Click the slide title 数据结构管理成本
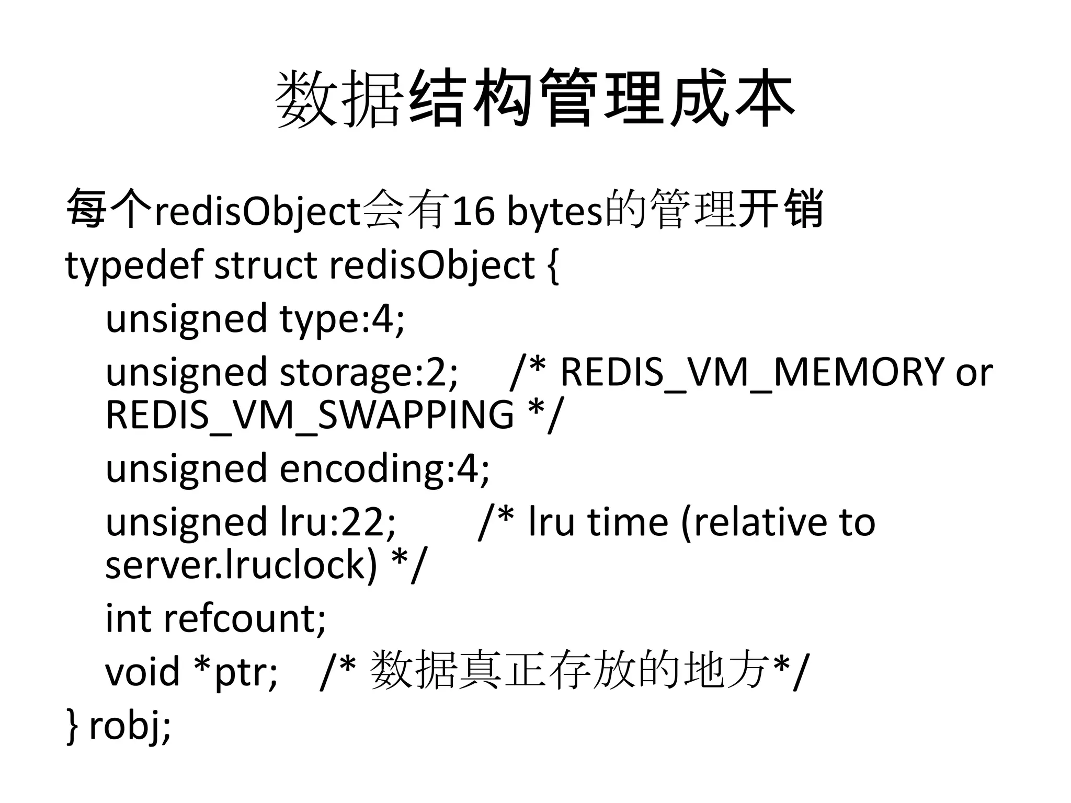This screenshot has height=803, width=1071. pyautogui.click(x=534, y=99)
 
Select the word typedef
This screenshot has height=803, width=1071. pyautogui.click(x=133, y=266)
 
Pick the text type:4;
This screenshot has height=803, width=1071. pyautogui.click(x=342, y=319)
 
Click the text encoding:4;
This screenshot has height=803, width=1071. pyautogui.click(x=384, y=468)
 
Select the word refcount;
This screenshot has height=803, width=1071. pyautogui.click(x=245, y=618)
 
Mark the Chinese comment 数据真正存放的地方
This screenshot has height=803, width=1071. pyautogui.click(x=570, y=670)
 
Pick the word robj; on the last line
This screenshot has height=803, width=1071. pyautogui.click(x=130, y=726)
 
